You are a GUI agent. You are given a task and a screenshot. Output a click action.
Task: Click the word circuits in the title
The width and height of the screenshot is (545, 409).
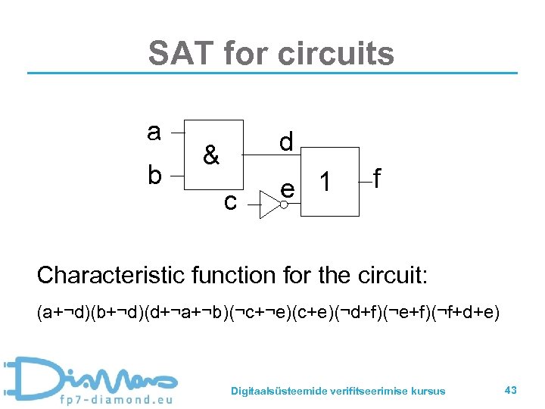tap(336, 54)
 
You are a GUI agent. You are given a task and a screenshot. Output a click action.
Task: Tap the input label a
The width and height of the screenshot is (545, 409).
tap(154, 133)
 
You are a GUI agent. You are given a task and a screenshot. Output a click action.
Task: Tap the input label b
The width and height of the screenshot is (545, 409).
tap(154, 175)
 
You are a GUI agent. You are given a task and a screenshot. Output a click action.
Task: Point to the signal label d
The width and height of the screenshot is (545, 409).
tap(286, 142)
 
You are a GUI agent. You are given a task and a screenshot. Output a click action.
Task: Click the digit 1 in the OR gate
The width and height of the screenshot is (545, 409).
tap(324, 183)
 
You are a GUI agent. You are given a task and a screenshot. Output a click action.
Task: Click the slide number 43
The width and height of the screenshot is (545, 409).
tap(510, 389)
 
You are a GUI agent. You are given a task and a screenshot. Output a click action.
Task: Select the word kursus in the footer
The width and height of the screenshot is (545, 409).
tap(428, 391)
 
